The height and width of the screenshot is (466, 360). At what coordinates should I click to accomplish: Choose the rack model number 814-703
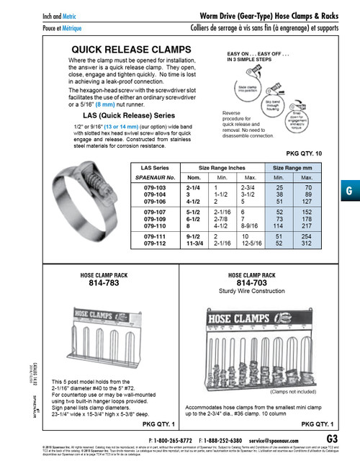(252, 284)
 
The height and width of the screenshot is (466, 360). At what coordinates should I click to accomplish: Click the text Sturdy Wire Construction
(252, 292)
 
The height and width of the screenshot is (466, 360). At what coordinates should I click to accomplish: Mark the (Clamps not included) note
(294, 392)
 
